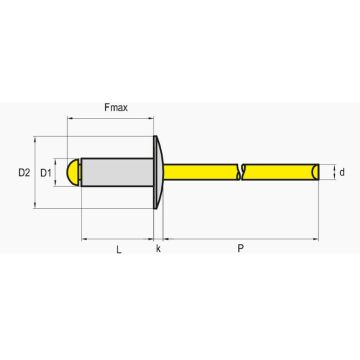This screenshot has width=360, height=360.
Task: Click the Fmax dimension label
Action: tap(116, 108)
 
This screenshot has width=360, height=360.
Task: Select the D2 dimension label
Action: tap(24, 173)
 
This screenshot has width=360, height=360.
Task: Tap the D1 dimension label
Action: tap(46, 173)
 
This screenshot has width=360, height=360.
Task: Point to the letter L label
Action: tap(119, 249)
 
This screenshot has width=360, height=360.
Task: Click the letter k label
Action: tap(158, 249)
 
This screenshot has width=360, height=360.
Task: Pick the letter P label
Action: tap(240, 249)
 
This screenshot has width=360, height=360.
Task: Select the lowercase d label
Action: tap(342, 172)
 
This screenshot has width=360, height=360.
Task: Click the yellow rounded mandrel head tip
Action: tap(73, 172)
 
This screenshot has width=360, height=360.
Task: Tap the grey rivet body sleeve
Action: tap(117, 172)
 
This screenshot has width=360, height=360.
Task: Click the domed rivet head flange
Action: tap(158, 172)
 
